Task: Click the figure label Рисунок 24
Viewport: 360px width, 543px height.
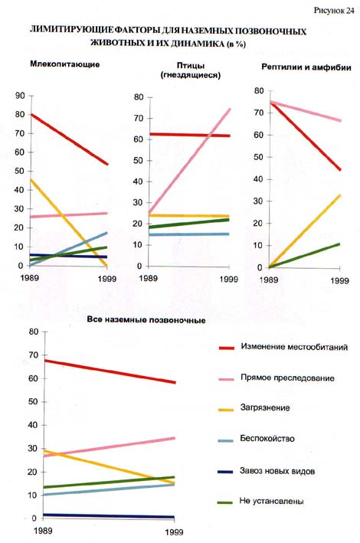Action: point(334,11)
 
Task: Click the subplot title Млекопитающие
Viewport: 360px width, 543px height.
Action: point(65,64)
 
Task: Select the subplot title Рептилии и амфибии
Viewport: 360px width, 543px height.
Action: point(306,67)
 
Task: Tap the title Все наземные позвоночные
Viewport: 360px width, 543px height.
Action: point(146,319)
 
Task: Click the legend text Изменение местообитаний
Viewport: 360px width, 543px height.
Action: point(294,347)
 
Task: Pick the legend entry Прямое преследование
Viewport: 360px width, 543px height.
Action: point(287,378)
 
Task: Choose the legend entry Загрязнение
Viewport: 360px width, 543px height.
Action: point(265,408)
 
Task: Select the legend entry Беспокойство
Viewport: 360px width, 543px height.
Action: point(267,439)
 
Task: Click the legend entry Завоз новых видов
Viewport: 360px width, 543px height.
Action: point(277,471)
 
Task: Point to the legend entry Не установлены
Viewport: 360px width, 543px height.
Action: point(271,501)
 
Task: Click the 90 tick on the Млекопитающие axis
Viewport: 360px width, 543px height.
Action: point(20,96)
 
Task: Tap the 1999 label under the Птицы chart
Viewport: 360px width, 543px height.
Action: point(229,279)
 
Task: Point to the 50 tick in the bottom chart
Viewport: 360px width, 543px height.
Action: point(33,402)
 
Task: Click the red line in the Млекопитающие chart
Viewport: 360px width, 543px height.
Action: point(69,139)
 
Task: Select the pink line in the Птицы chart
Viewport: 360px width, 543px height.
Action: point(189,161)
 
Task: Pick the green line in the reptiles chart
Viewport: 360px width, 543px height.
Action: point(304,256)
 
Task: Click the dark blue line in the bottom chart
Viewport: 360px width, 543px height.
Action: point(109,516)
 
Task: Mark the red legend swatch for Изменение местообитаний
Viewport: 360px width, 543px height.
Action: point(227,348)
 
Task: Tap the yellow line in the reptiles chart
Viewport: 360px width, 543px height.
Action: point(305,231)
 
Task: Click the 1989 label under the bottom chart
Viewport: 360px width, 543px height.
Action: point(44,530)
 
